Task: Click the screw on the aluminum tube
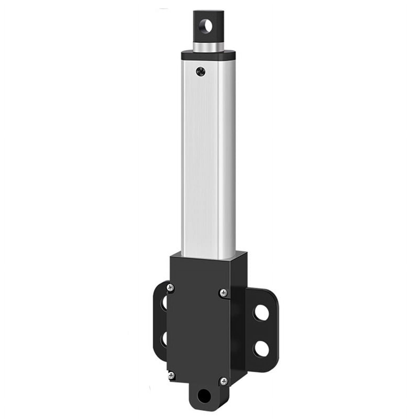pyautogui.click(x=201, y=71)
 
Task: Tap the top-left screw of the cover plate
pyautogui.click(x=170, y=288)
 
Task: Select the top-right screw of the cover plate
pyautogui.click(x=224, y=293)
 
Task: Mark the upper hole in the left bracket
pyautogui.click(x=164, y=304)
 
